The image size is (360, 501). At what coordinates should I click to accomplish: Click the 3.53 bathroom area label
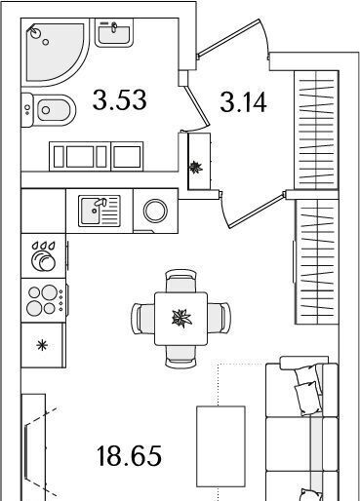[120, 100]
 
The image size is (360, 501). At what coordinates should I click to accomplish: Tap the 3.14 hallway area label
[243, 102]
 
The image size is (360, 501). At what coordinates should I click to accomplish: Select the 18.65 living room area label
[129, 456]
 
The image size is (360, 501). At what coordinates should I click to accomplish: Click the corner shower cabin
[55, 52]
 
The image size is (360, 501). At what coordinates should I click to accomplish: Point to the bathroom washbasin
[114, 32]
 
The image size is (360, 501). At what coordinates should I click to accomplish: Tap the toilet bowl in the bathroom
[49, 110]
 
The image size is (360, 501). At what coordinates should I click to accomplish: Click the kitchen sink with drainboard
[100, 211]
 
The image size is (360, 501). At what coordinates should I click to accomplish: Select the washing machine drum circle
[155, 211]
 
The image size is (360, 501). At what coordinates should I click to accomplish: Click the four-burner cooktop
[44, 300]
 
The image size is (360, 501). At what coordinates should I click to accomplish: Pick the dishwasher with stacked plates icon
[44, 256]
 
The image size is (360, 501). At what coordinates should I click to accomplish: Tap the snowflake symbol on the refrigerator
[42, 345]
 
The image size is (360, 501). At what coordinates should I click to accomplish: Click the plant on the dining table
[182, 318]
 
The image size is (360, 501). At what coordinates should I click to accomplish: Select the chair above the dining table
[180, 281]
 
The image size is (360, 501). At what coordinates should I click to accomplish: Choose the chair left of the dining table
[143, 319]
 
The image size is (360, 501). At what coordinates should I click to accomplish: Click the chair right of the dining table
[219, 318]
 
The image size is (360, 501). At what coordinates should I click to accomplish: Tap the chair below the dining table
[180, 357]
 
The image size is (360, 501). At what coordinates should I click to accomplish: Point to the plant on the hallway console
[196, 168]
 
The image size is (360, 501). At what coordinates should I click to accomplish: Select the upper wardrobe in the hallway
[316, 130]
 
